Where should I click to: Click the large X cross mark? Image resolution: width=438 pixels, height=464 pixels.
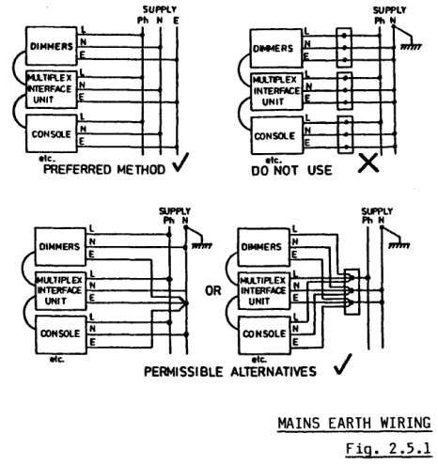[x=368, y=163]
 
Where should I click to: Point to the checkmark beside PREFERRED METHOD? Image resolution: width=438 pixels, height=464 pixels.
[x=181, y=162]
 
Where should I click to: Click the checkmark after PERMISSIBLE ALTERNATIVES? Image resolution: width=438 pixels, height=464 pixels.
[x=343, y=364]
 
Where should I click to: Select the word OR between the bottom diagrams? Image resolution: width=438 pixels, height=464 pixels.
[x=213, y=291]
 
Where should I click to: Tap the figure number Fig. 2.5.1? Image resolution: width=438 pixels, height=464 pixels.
[x=388, y=449]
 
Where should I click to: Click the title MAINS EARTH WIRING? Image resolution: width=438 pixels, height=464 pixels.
[x=354, y=424]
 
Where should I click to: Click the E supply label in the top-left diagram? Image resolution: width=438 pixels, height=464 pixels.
[x=177, y=21]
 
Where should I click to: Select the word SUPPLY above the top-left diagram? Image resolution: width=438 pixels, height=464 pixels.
[x=160, y=9]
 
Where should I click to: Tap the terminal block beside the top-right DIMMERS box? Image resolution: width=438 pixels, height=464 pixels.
[x=344, y=48]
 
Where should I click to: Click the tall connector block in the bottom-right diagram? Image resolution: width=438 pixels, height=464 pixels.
[x=352, y=291]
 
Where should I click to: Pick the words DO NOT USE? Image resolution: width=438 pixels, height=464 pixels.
[x=291, y=171]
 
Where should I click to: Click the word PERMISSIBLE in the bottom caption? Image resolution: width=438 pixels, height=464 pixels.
[x=183, y=372]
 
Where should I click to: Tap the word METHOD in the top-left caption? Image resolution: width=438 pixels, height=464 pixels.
[x=141, y=170]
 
